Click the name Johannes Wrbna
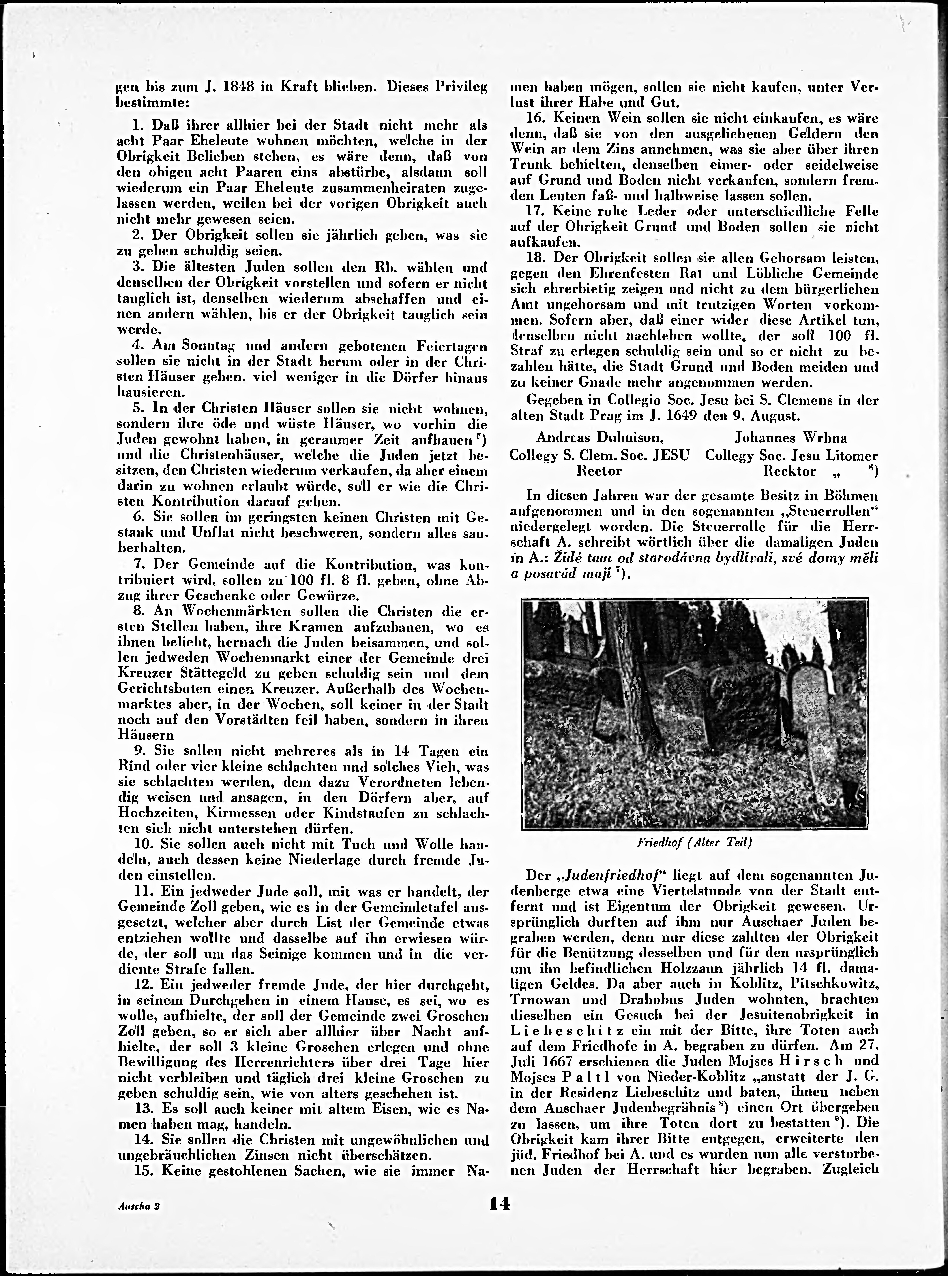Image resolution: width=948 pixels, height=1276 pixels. pos(791,438)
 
